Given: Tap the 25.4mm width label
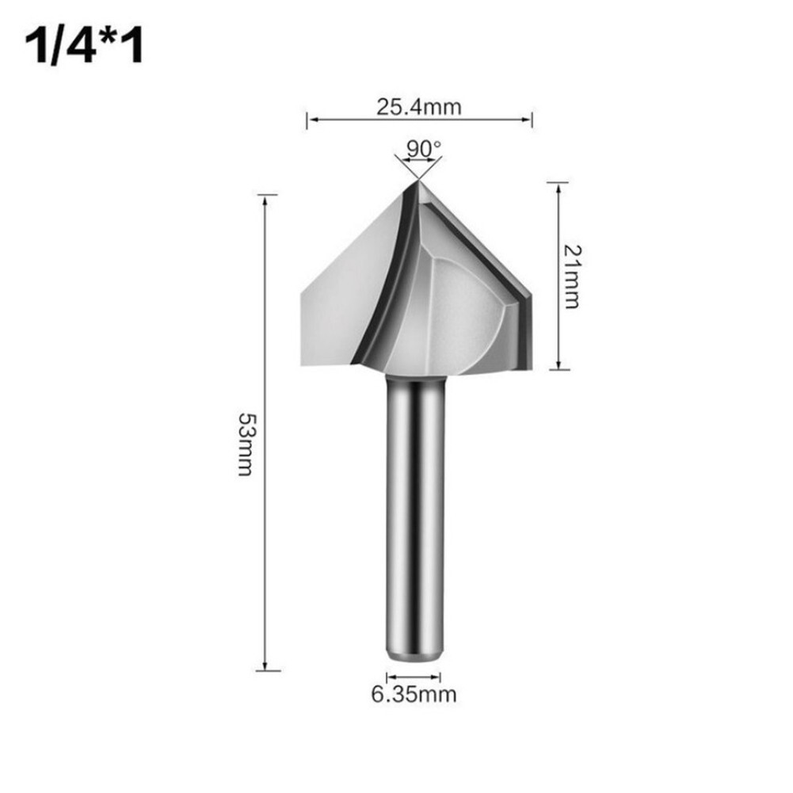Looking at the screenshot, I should coord(418,107).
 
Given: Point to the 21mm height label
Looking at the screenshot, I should coord(573,276).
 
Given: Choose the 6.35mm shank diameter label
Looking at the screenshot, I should coord(414,696).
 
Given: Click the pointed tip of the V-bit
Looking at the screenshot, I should coord(417,184).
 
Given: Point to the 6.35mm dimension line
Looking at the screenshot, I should coord(413,677).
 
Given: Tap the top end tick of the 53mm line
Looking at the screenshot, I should coord(268,194).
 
